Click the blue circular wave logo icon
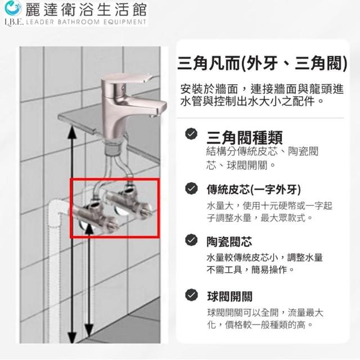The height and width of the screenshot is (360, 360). [13, 8]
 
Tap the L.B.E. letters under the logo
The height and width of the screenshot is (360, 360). [13, 22]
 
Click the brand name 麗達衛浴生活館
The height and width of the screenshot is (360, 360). [85, 10]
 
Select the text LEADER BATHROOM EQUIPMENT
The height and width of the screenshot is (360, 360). [86, 22]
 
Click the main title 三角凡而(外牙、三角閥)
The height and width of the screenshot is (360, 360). [262, 63]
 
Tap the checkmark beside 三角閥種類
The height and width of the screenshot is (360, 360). [191, 134]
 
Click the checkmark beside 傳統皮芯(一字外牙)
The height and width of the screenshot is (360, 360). [191, 188]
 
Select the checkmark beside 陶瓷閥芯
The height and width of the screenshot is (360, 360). [191, 240]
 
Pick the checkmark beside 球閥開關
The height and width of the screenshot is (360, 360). [191, 295]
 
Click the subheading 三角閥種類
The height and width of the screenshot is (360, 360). [245, 137]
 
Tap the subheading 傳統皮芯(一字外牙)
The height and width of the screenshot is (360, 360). [254, 190]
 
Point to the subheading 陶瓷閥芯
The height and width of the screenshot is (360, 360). [229, 241]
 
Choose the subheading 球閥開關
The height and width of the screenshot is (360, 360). [229, 296]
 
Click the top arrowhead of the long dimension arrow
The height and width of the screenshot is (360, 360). [73, 131]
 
